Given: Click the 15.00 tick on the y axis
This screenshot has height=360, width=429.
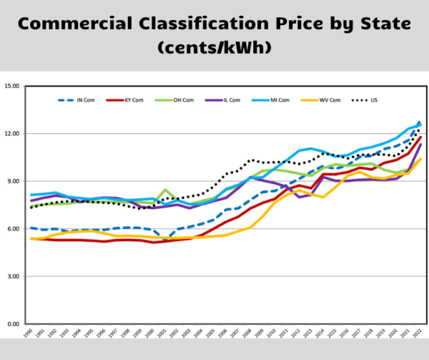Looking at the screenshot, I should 13,86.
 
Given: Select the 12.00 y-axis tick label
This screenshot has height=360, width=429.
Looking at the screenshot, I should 13,134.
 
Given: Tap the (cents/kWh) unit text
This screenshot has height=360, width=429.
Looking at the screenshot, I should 214,50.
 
